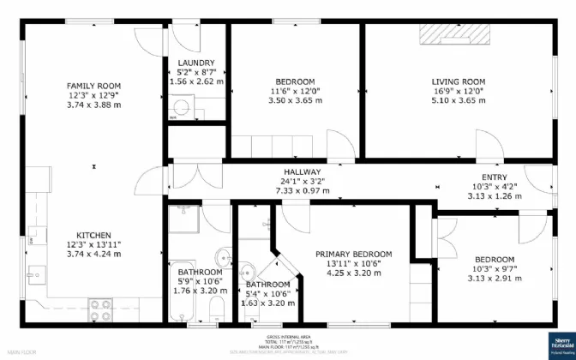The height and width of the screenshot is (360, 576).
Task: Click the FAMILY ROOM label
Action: tap(94, 86)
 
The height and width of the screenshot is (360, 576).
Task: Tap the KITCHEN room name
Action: tap(94, 235)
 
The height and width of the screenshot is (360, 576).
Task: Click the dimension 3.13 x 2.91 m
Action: tap(495, 279)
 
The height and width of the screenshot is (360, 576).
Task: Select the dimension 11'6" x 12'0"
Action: tap(295, 91)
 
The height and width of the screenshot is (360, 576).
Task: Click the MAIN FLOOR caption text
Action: tap(21, 351)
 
